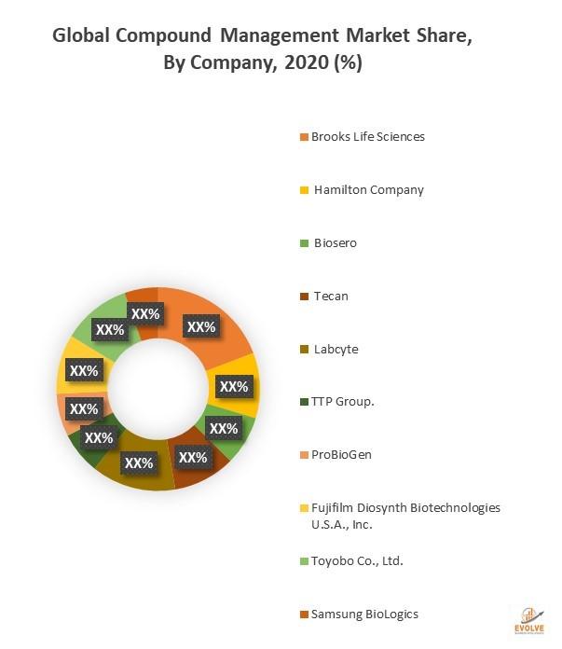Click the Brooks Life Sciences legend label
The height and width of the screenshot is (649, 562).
pyautogui.click(x=367, y=136)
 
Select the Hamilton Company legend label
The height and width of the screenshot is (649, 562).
pyautogui.click(x=368, y=189)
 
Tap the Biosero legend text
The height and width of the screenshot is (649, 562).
pyautogui.click(x=335, y=242)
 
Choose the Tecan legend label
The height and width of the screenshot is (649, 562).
pyautogui.click(x=329, y=296)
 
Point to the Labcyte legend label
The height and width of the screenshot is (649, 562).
pyautogui.click(x=336, y=349)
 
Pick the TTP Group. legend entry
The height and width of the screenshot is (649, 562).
pyautogui.click(x=342, y=402)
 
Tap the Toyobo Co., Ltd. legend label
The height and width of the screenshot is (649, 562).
pyautogui.click(x=357, y=560)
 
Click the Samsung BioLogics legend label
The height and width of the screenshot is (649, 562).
pyautogui.click(x=364, y=614)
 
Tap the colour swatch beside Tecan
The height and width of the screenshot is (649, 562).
pyautogui.click(x=304, y=297)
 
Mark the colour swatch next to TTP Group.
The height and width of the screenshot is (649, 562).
pyautogui.click(x=304, y=403)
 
